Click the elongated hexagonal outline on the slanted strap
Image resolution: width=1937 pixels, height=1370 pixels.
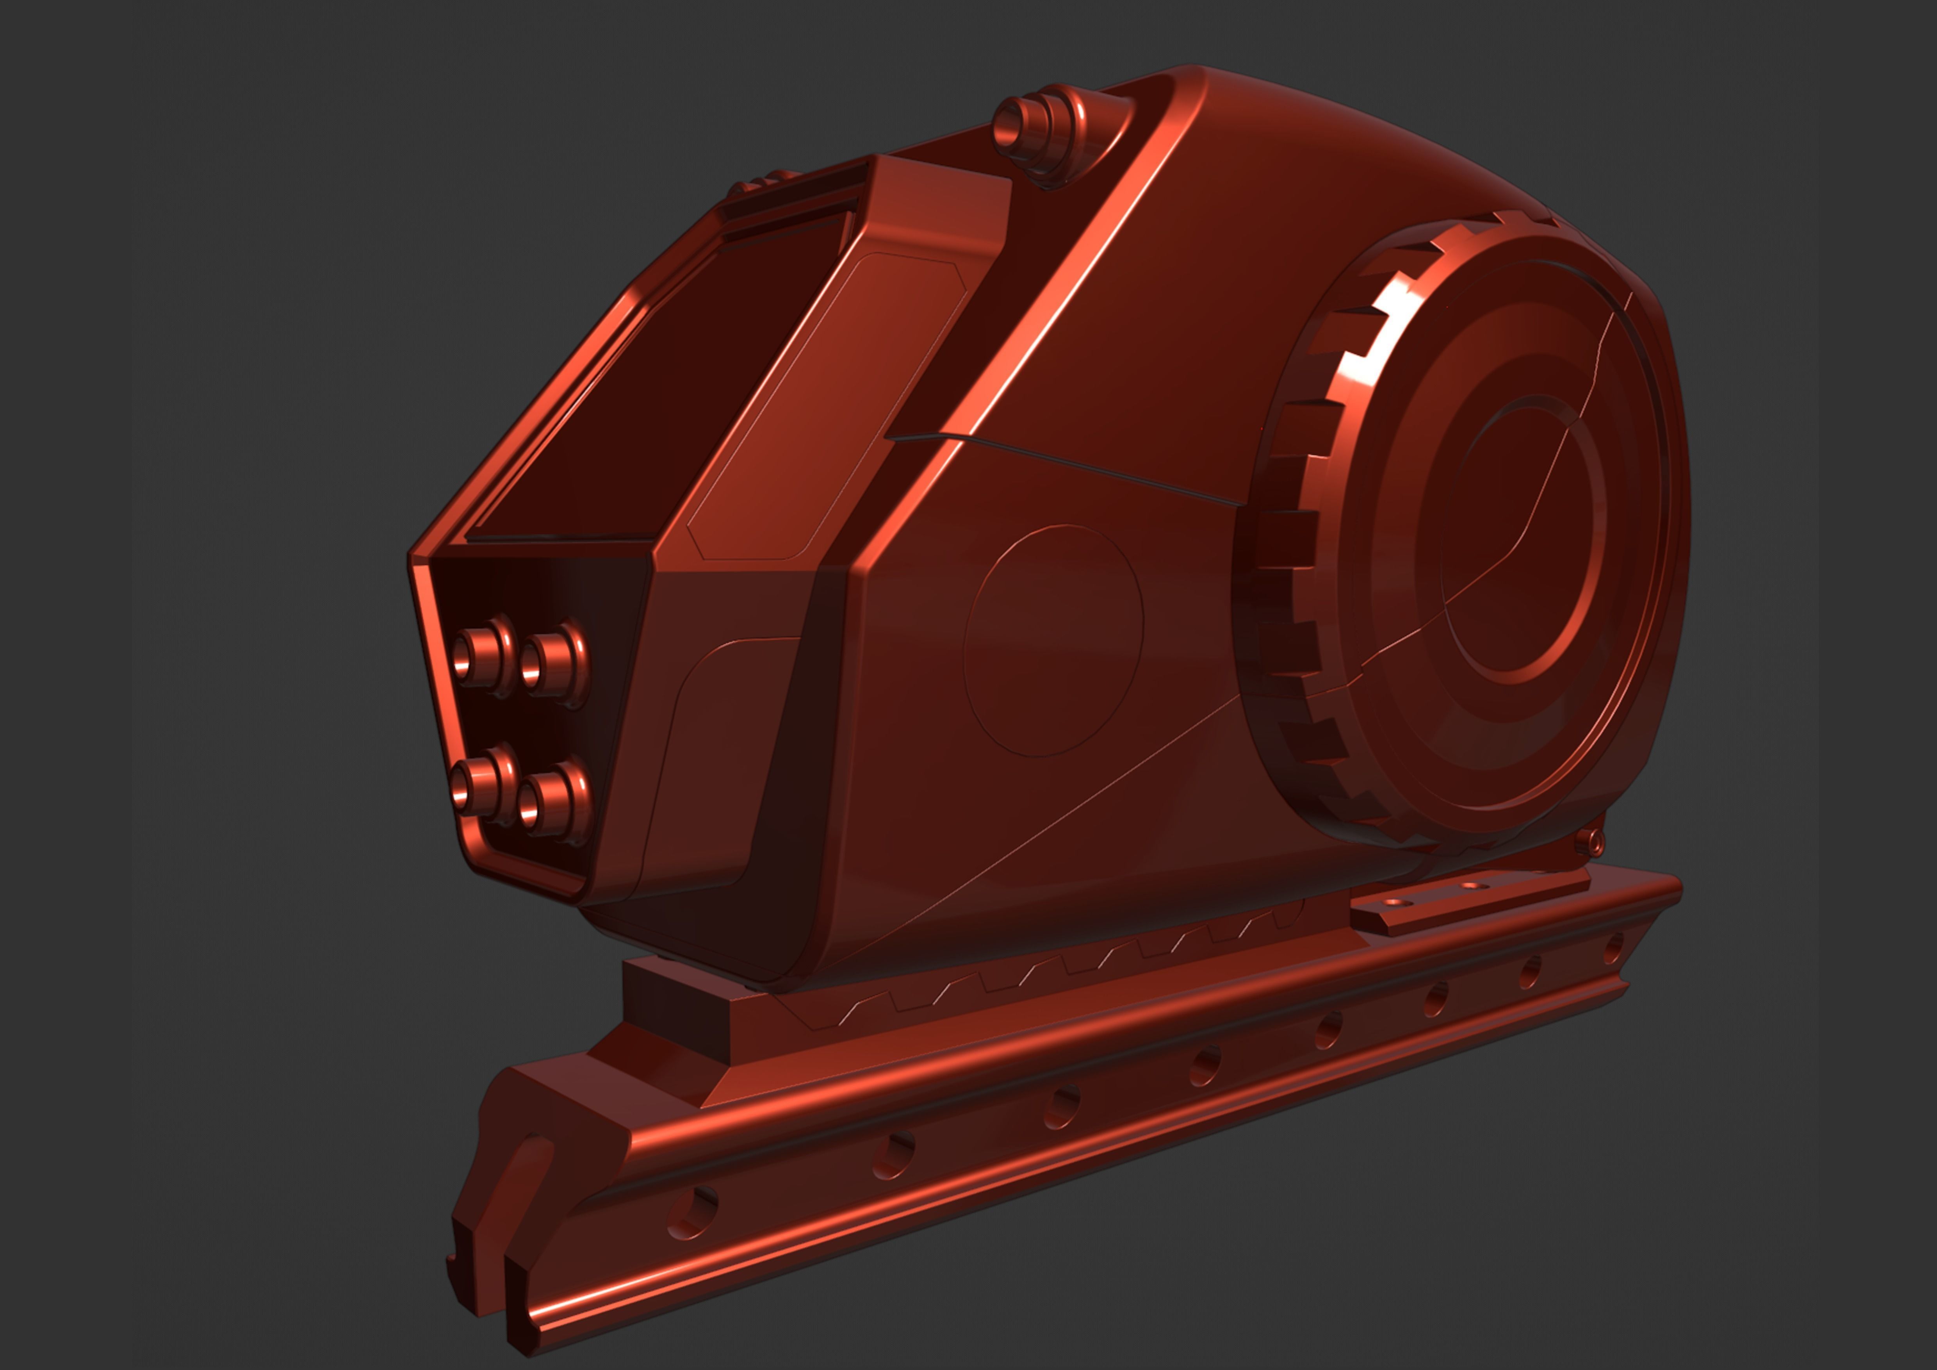tap(827, 405)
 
